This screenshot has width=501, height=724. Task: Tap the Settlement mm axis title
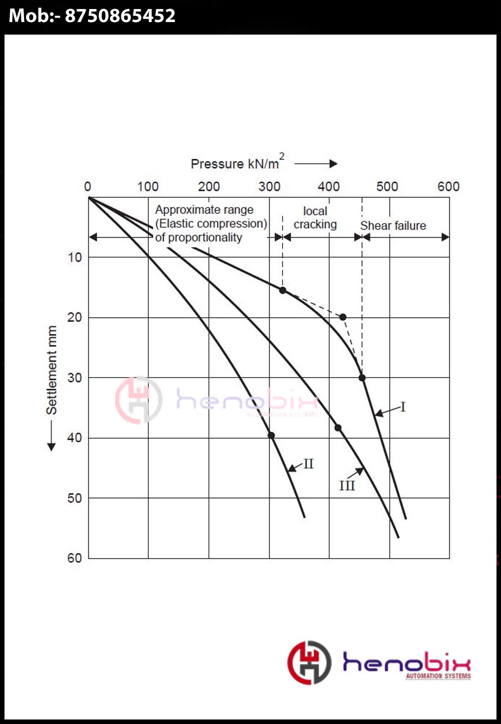(x=52, y=370)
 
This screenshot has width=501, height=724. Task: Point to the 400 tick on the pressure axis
(x=329, y=187)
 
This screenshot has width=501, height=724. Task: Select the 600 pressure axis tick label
(x=448, y=187)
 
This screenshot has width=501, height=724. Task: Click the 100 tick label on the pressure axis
(x=148, y=187)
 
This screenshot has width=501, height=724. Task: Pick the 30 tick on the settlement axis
(x=75, y=378)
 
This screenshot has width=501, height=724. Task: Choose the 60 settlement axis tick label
(x=75, y=558)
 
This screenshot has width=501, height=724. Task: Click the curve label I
(x=403, y=407)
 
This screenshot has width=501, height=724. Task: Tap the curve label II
(x=308, y=464)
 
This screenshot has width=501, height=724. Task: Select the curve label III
(x=347, y=485)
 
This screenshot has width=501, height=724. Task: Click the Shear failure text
(x=393, y=226)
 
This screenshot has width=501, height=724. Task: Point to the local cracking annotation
(x=315, y=218)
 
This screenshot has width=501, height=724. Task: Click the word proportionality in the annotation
(x=205, y=237)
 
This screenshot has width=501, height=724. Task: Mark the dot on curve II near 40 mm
(x=271, y=435)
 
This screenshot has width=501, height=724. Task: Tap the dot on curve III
(x=338, y=428)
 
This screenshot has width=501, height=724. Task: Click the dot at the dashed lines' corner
(x=343, y=317)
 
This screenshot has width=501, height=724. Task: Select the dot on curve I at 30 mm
(x=362, y=378)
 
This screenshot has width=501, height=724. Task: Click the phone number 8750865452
(x=120, y=16)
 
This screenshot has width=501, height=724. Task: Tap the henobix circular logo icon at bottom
(x=309, y=662)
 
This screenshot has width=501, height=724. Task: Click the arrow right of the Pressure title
(x=316, y=163)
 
